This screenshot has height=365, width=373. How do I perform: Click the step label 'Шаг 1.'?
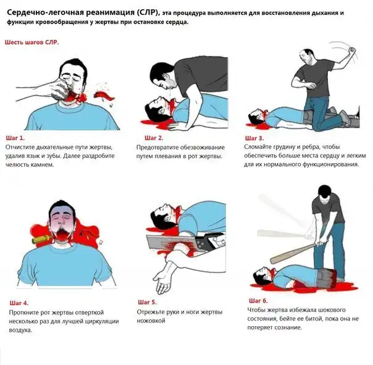(x=15, y=138)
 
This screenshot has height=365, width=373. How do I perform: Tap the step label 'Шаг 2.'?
(x=154, y=138)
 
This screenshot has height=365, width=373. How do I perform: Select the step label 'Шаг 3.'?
(x=254, y=138)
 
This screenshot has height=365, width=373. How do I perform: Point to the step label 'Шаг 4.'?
(x=19, y=303)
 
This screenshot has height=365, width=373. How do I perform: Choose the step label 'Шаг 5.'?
(x=147, y=303)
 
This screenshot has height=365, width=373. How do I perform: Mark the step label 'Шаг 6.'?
(x=258, y=301)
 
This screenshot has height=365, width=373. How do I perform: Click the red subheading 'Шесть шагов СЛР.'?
(x=32, y=43)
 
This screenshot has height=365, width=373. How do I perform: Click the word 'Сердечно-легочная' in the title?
(x=45, y=12)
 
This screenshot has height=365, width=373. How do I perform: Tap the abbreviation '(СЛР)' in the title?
(x=148, y=13)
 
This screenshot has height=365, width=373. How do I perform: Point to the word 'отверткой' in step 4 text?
(x=90, y=313)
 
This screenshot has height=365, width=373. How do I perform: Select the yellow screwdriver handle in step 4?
(x=41, y=239)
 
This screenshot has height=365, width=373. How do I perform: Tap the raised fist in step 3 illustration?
(x=351, y=51)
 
